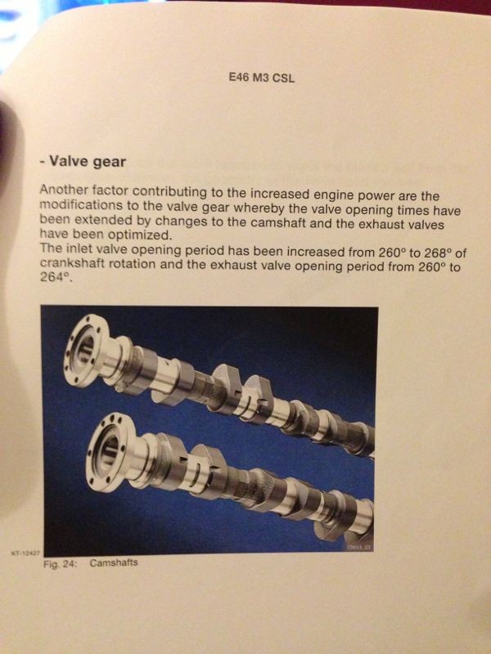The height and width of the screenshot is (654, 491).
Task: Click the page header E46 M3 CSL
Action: point(262,78)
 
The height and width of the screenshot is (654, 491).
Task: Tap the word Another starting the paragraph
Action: point(64,190)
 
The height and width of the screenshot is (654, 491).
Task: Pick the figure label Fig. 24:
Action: point(61,564)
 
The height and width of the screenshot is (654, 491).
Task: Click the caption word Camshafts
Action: point(114,563)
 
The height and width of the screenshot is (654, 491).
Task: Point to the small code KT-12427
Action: point(25,553)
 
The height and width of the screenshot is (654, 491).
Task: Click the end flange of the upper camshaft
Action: point(87,352)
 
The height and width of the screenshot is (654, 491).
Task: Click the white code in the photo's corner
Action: point(358,547)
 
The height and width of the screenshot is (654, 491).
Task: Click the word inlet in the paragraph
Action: point(80,249)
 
